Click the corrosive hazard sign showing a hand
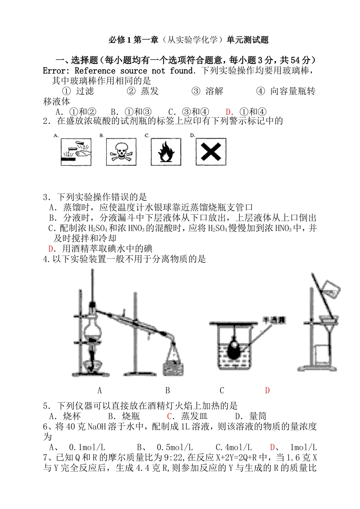tap(76, 151)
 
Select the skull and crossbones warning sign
tap(121, 151)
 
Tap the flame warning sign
tap(166, 151)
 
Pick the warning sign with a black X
tap(211, 151)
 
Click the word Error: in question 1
tap(56, 71)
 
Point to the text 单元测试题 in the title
tap(248, 40)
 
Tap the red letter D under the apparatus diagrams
tap(267, 390)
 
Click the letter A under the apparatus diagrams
tap(100, 390)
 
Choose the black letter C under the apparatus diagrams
tap(222, 390)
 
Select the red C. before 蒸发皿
tap(171, 416)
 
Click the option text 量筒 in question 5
tap(258, 416)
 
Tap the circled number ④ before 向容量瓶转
tap(260, 91)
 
